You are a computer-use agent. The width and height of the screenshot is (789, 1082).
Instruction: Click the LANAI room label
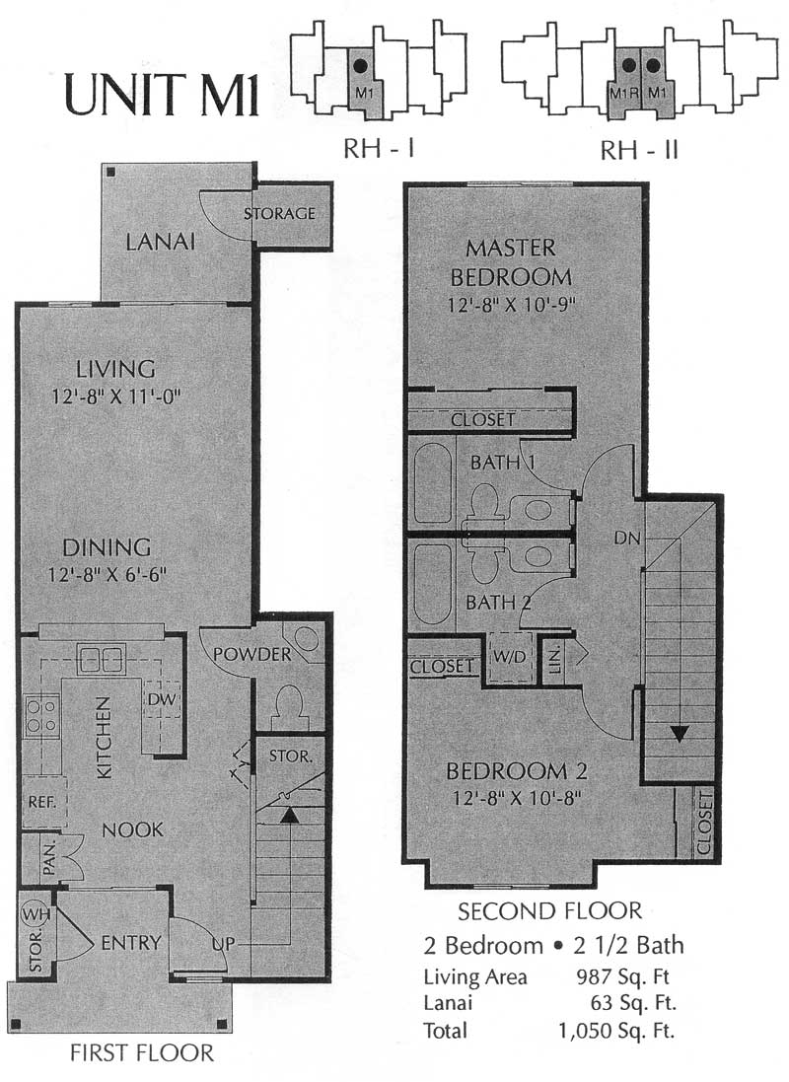160,242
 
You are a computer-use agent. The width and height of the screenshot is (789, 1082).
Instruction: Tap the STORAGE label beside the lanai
279,213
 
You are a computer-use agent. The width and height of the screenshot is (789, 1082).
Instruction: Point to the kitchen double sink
101,659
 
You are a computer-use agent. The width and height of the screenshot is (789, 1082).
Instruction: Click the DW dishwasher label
162,699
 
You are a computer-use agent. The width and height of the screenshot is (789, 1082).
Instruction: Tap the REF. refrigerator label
42,802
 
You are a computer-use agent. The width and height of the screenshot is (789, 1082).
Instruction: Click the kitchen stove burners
40,716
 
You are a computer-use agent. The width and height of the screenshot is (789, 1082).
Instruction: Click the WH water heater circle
36,915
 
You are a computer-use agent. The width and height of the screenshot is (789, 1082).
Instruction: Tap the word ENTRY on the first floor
130,943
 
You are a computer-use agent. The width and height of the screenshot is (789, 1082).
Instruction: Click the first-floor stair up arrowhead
290,815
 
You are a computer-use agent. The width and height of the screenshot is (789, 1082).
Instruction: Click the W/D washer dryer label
510,657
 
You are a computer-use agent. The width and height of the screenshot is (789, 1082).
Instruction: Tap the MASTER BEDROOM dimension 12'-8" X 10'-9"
511,305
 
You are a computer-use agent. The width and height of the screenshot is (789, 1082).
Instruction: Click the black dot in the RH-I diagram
359,66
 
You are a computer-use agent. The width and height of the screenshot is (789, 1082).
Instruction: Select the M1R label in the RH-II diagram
624,92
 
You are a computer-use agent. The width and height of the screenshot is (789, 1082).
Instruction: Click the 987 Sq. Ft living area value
622,976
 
